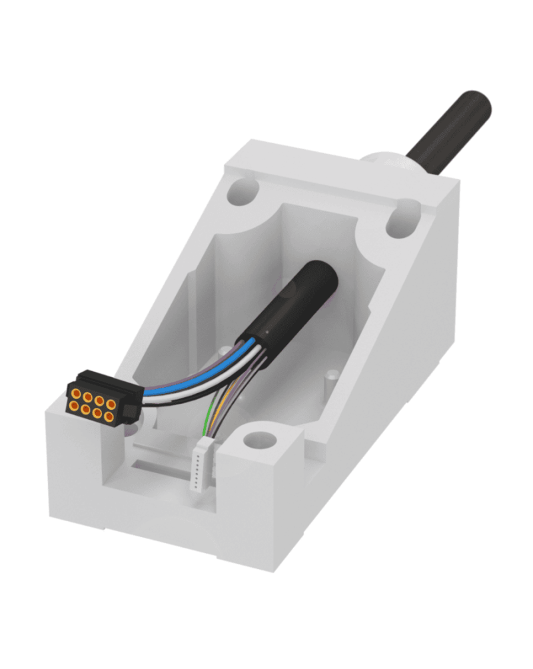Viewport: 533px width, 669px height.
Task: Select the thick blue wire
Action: click(x=180, y=390)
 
